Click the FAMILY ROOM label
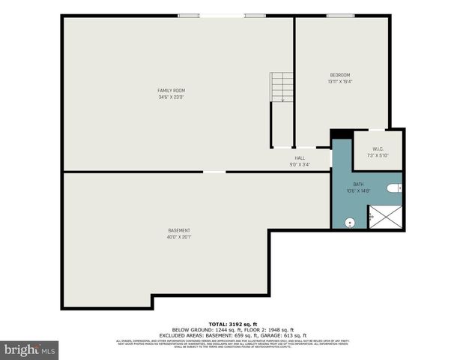(x=171, y=91)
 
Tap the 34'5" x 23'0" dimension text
(x=171, y=97)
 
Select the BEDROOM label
(x=340, y=75)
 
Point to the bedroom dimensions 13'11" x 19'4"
(x=340, y=82)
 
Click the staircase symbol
(x=282, y=87)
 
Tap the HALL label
(x=300, y=158)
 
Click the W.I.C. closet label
(x=377, y=148)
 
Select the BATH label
(x=360, y=184)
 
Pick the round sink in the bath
(x=349, y=222)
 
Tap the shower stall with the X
(x=385, y=217)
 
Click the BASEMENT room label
(x=178, y=230)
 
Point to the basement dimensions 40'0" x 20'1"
(x=178, y=237)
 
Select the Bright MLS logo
(x=30, y=349)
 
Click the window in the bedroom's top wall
(x=340, y=16)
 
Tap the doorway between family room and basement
(x=214, y=172)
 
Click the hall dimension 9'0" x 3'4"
(x=300, y=164)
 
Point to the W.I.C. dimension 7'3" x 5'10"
(x=377, y=155)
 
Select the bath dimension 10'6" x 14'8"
(x=360, y=190)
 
